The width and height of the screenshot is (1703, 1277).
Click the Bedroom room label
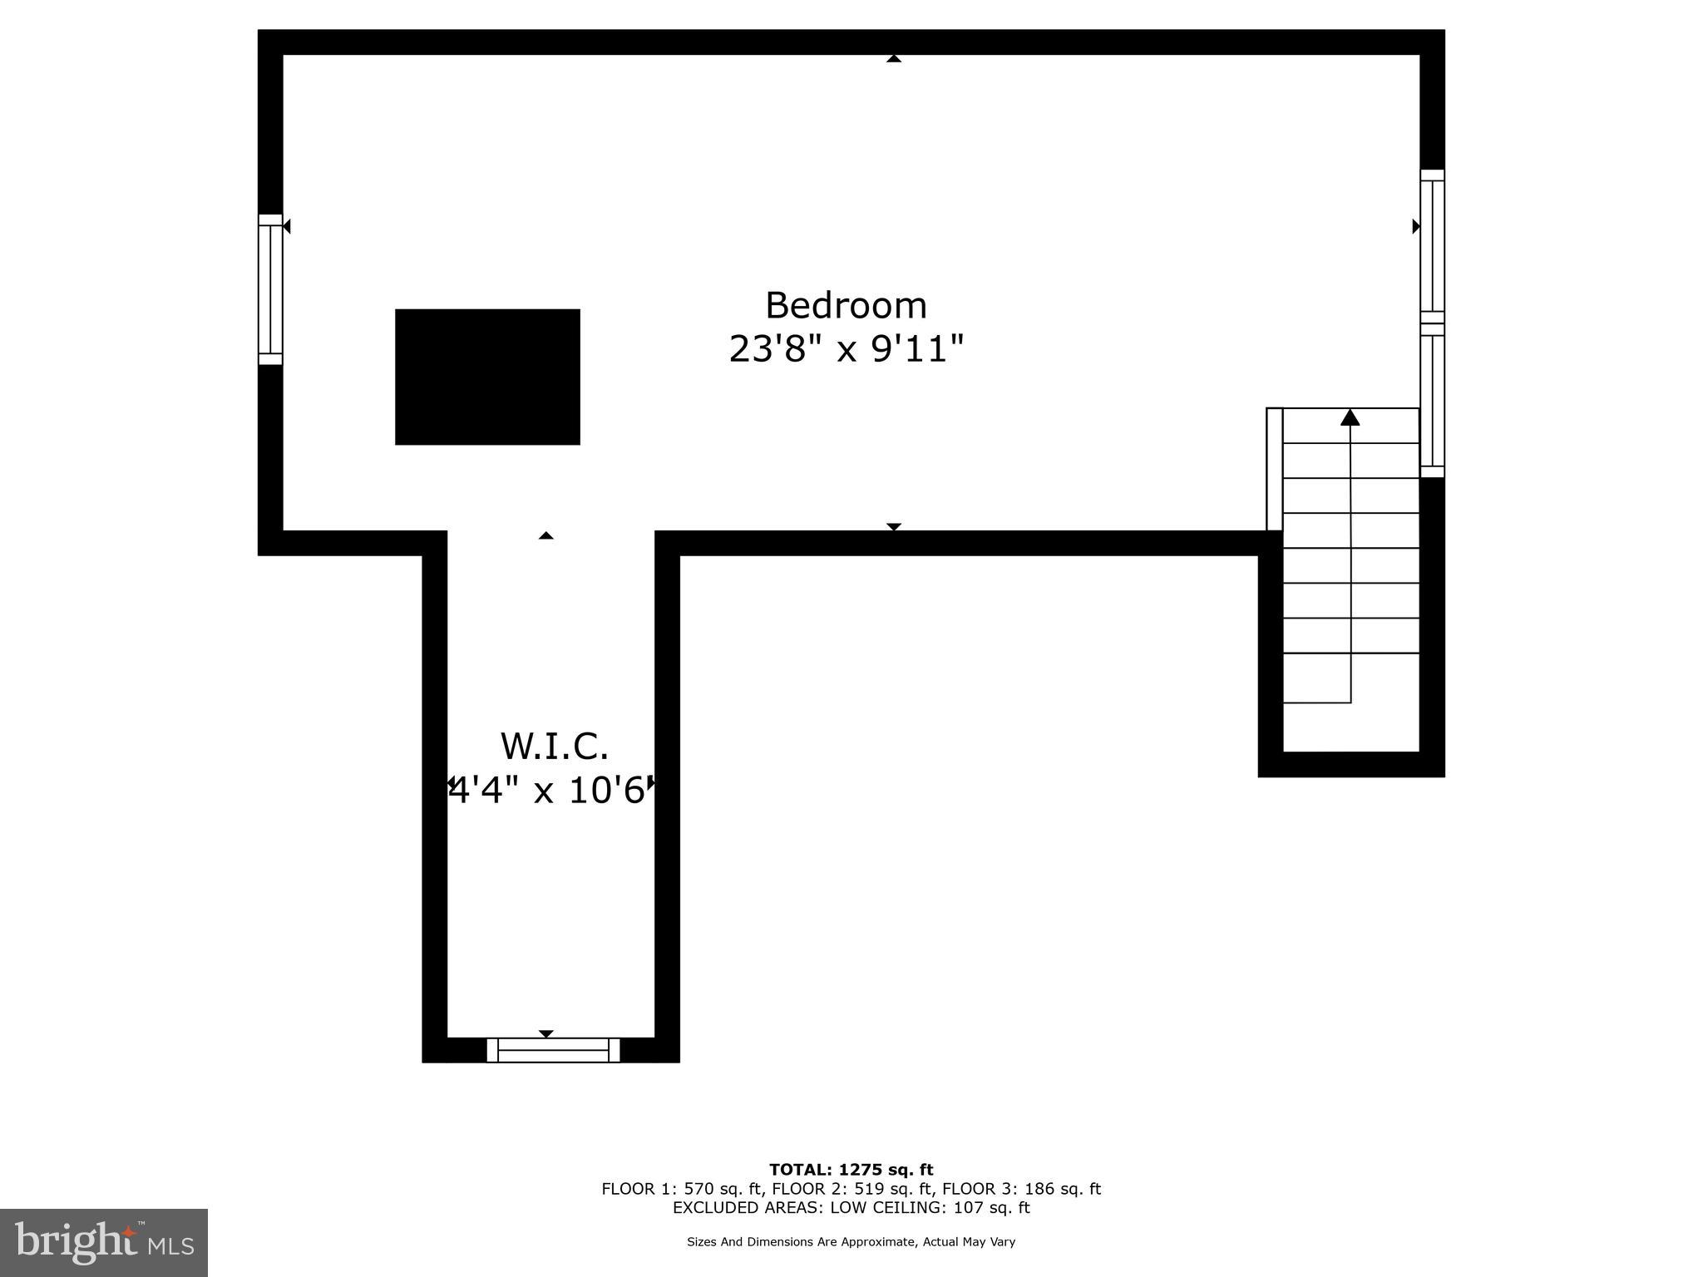(846, 306)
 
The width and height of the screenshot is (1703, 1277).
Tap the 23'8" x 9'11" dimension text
(846, 349)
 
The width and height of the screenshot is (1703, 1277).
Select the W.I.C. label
(554, 747)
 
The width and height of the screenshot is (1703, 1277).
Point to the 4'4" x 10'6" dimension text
(549, 791)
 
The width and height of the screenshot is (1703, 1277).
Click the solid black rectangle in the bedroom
(487, 377)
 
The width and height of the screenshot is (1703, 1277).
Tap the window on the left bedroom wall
(270, 289)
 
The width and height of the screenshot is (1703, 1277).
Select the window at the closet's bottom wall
(553, 1049)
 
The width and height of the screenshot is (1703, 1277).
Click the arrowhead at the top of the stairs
(1350, 417)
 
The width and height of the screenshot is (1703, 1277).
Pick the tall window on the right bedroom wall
(1432, 323)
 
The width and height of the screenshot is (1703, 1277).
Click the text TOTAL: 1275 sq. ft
(851, 1170)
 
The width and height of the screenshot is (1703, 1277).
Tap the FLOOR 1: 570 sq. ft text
(683, 1189)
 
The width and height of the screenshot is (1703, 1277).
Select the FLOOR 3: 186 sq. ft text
(1021, 1189)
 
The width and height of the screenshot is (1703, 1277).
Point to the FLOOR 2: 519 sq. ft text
(851, 1189)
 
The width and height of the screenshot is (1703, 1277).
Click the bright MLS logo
(104, 1242)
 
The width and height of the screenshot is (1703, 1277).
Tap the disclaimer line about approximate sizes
(851, 1242)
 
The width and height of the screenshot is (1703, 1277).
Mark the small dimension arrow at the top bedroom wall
(894, 59)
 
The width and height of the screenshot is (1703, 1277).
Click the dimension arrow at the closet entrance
(545, 535)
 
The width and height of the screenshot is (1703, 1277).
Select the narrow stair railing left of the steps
(1274, 469)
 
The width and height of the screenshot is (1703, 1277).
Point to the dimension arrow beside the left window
(286, 226)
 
